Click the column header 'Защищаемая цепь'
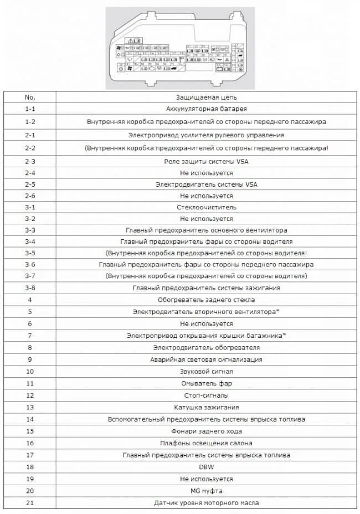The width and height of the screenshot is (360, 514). point(206,97)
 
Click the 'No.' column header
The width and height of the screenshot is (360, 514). point(30,97)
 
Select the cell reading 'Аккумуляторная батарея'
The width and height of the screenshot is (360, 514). point(206,109)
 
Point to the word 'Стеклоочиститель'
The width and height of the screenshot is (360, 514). point(206,207)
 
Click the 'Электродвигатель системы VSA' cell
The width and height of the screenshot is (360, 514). point(206,184)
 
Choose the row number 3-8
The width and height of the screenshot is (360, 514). point(30,287)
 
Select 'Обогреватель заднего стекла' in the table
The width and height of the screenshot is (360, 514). point(206,300)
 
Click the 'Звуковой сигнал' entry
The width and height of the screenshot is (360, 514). point(206,371)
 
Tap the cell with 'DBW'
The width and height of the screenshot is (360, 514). point(206,467)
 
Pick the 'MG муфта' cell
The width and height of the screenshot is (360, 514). point(206,491)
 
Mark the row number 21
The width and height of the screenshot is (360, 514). point(30,503)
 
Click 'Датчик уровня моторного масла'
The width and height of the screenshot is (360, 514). point(206,503)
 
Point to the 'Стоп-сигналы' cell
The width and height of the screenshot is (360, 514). point(206,395)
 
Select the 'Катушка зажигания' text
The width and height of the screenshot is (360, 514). point(206,407)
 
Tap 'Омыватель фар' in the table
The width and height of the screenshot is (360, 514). point(206,383)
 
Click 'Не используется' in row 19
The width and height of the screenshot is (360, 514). point(206,479)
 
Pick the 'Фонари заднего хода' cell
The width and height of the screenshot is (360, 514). point(206,431)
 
